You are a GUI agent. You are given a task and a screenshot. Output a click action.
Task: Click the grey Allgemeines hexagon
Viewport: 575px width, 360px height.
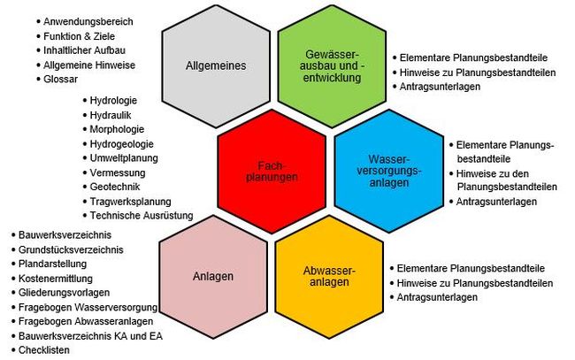point(216,65)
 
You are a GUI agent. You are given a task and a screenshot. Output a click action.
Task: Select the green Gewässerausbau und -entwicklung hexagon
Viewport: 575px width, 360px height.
point(331,65)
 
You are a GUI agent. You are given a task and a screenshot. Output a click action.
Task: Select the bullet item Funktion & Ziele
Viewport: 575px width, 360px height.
point(76,36)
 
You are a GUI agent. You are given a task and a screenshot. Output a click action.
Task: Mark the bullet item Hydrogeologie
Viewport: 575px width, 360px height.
point(121,144)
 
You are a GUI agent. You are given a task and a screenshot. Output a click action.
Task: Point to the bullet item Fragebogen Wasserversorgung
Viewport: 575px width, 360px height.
point(87,307)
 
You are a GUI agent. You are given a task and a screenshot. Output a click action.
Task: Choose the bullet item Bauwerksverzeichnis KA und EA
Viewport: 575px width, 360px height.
point(90,336)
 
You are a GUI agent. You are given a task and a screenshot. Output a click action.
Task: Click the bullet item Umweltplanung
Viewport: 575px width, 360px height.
point(120,158)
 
